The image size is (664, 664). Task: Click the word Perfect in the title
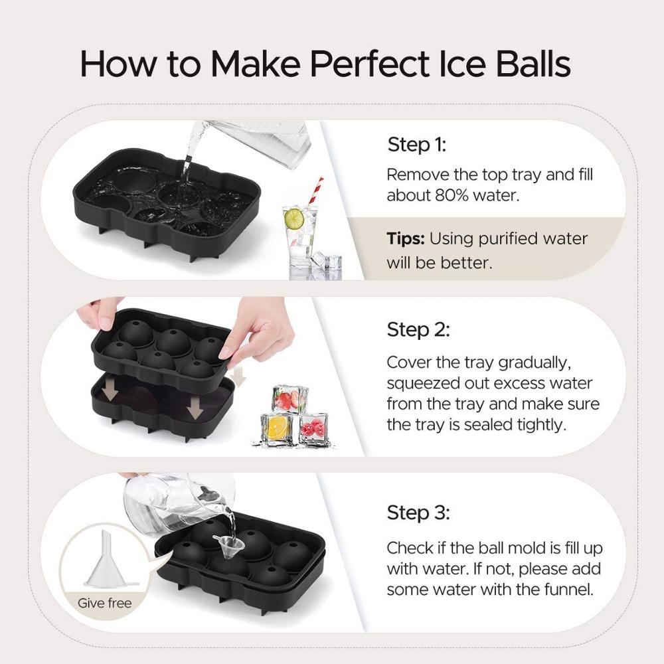coord(369,64)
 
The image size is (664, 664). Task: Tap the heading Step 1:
coord(417,145)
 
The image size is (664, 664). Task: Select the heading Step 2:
coord(418,329)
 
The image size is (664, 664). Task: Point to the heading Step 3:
coord(418,513)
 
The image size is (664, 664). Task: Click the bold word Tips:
coord(405,239)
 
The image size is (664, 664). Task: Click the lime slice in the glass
coord(294,218)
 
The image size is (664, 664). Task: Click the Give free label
coord(105,603)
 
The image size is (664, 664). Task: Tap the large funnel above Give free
coord(107,558)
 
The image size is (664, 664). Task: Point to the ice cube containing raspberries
coord(314,429)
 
